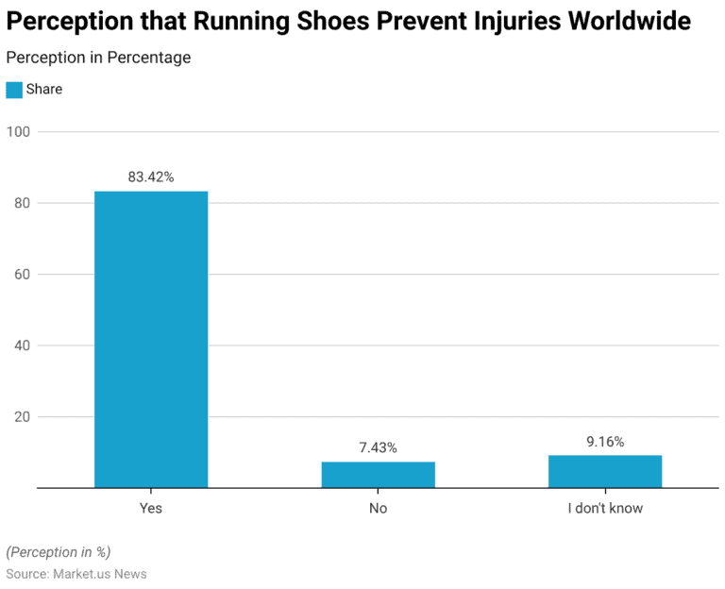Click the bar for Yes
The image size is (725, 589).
(151, 340)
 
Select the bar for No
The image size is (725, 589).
(378, 475)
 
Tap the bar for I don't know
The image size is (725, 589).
(605, 472)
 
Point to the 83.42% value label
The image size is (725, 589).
(151, 177)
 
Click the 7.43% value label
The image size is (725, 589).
(378, 447)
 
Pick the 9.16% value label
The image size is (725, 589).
(605, 441)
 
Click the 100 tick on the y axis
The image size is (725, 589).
(19, 132)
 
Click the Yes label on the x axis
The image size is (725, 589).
(151, 508)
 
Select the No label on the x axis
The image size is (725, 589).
(378, 508)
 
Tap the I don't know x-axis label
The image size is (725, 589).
(605, 508)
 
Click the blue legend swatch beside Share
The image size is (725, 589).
(14, 90)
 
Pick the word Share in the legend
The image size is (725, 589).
(44, 90)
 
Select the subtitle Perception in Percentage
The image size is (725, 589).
(98, 58)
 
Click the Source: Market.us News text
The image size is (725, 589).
(76, 574)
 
